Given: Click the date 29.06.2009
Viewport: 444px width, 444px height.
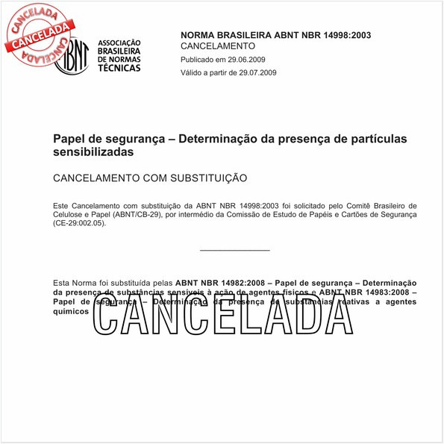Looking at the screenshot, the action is click(247, 59).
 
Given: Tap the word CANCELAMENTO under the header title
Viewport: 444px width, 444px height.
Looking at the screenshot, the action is click(218, 46).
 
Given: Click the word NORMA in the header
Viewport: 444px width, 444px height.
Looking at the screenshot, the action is click(201, 35).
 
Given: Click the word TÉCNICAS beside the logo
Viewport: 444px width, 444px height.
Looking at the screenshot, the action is click(119, 68).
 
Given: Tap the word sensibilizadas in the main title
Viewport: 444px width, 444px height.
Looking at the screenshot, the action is click(93, 151).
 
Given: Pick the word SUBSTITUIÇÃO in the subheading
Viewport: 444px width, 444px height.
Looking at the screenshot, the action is click(204, 178).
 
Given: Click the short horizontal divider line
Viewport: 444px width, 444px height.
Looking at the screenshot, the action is click(235, 251).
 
